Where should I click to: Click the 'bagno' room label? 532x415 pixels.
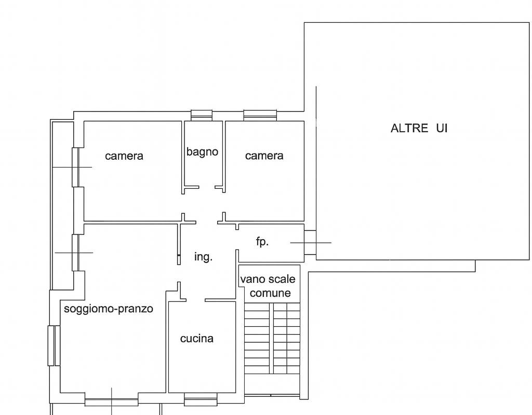point(202,152)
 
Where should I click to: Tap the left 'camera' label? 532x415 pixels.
point(124,156)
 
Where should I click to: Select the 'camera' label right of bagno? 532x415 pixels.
point(264,156)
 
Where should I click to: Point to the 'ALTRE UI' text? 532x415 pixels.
point(419,128)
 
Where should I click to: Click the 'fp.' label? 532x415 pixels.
point(262,242)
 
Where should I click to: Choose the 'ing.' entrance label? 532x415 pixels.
point(204,257)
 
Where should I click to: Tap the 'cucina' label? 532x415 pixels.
point(197,338)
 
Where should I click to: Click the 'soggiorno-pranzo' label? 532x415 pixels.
point(109,309)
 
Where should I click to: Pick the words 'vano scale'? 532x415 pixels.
point(268,279)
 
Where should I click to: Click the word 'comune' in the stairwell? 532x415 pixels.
point(270,293)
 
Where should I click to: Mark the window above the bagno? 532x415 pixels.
point(202,116)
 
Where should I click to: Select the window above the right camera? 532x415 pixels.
point(260,116)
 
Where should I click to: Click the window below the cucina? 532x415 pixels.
point(201,400)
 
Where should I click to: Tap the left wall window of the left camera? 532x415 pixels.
point(76,167)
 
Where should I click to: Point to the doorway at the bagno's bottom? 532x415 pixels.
point(207,187)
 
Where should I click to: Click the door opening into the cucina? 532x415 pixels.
point(196,300)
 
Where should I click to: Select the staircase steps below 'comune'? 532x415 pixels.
point(272,338)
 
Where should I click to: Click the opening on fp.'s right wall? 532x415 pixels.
point(310,243)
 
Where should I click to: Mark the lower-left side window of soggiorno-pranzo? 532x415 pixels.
point(54,345)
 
